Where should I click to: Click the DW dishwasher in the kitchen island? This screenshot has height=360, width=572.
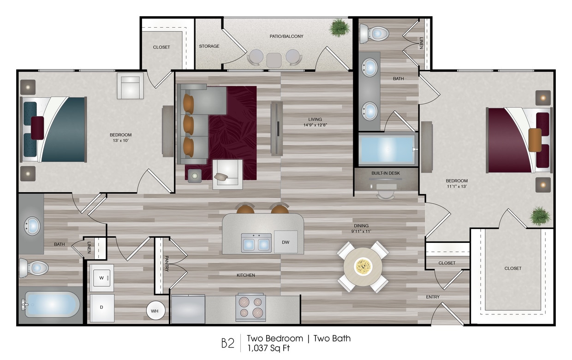pos(286,242)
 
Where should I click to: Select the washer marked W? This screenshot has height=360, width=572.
pos(101,278)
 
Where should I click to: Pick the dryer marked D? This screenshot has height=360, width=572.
pos(101,308)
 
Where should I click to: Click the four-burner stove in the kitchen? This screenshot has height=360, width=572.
pos(250,307)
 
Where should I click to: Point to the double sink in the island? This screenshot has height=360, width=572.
pos(256,242)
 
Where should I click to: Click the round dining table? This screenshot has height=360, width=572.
pos(363,266)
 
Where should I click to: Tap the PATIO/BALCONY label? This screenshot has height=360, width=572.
pos(286,36)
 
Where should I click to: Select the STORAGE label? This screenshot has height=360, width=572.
pos(209,46)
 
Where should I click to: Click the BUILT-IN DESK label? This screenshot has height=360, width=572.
pos(386,173)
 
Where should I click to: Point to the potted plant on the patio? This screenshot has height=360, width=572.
pos(340,27)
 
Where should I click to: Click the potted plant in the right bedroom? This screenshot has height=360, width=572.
pos(539,215)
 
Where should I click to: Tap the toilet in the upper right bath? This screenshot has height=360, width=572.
pos(374,33)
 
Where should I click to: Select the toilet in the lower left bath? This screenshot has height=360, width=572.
pos(34,268)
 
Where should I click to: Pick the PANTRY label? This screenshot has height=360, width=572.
pos(166,264)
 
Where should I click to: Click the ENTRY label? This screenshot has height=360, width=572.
pos(433,297)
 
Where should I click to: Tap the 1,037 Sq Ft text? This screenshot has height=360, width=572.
pos(268,348)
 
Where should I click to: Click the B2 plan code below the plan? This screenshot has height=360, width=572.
pos(227,343)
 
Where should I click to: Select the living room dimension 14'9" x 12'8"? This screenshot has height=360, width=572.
pos(316,124)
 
